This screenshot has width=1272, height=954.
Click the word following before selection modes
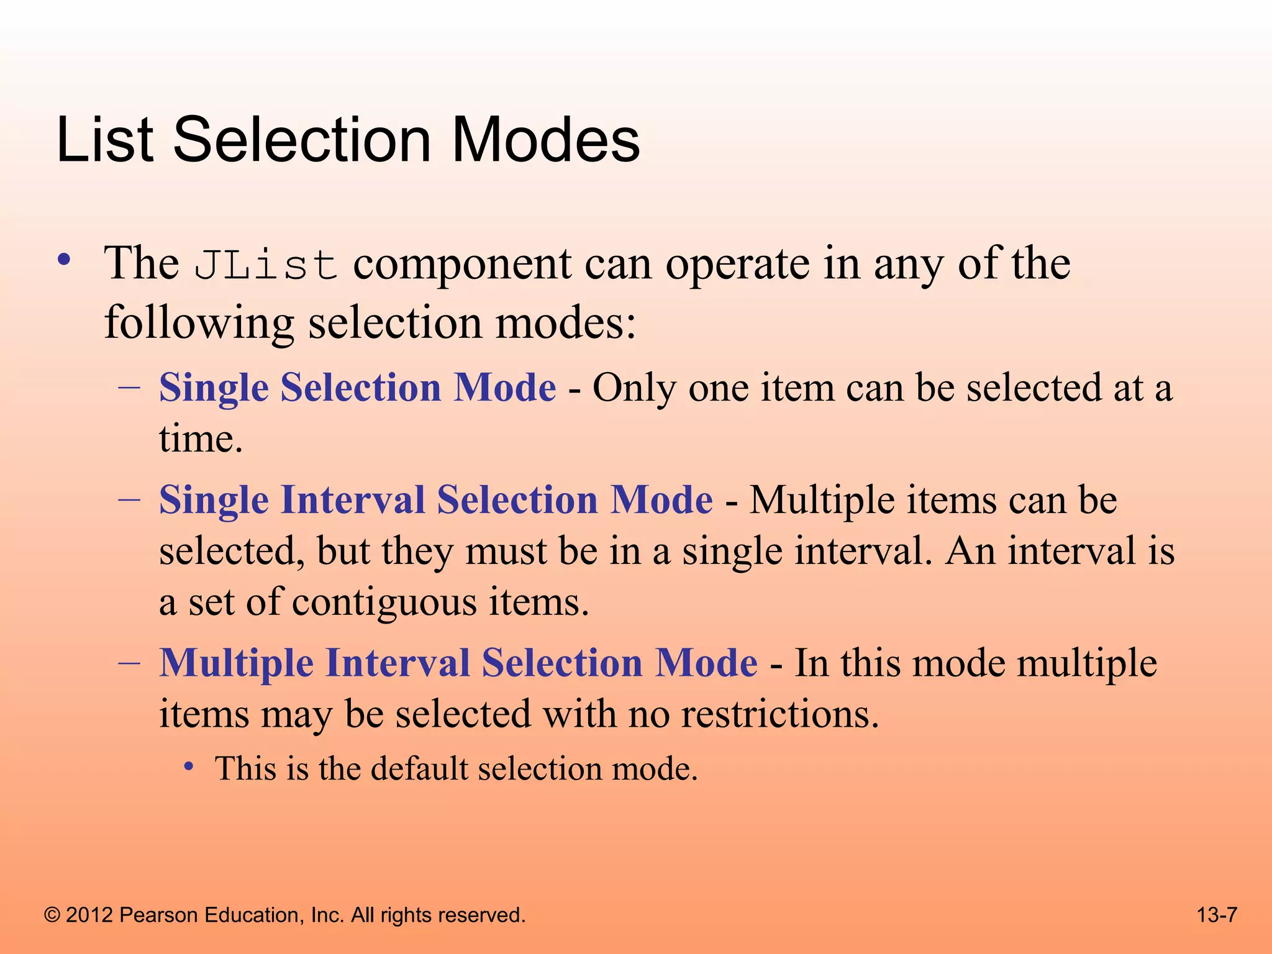coord(199,324)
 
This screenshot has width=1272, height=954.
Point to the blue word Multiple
coord(236,663)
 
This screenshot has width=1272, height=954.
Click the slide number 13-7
coord(1217,915)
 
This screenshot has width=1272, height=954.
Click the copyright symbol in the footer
coord(53,915)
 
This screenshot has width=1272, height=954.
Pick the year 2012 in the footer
coord(89,915)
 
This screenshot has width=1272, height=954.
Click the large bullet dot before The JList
coord(64,260)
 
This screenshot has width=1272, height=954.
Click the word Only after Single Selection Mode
coord(634,388)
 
